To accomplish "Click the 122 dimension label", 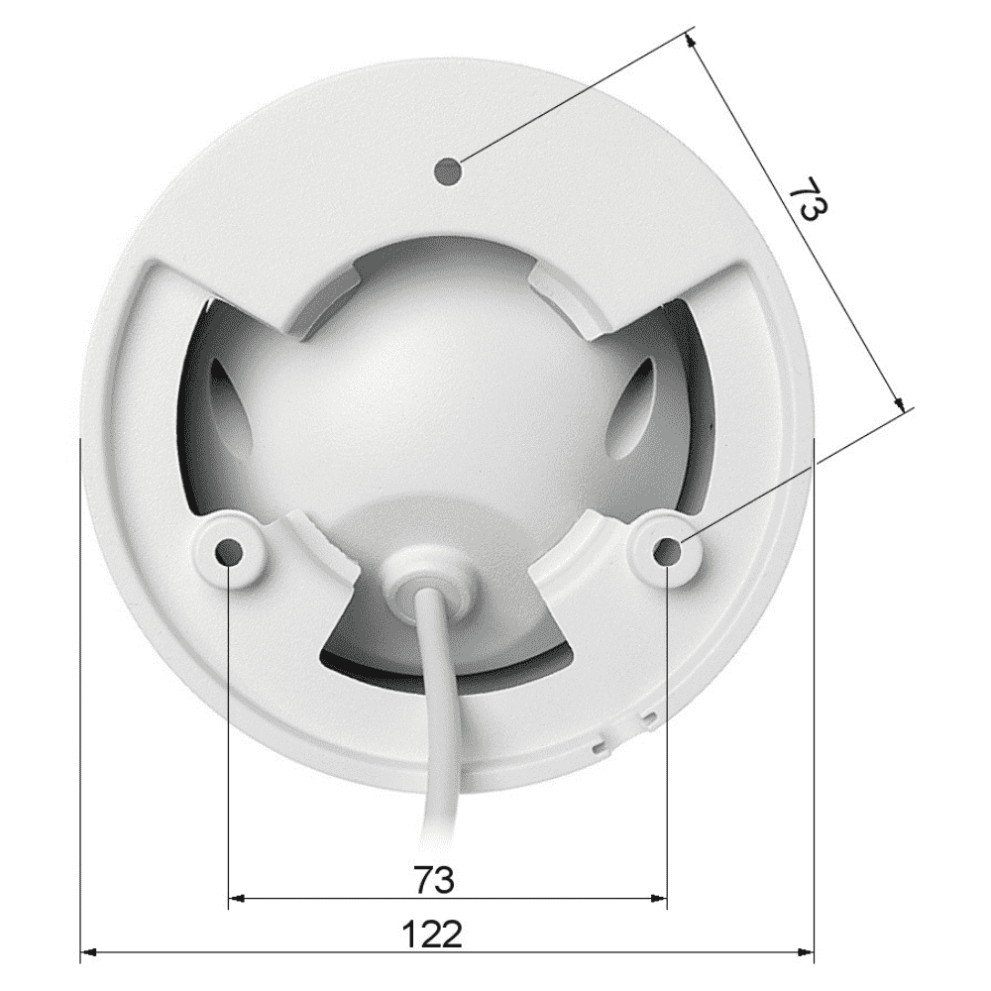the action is pyautogui.click(x=432, y=935).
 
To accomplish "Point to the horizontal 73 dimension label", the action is pyautogui.click(x=434, y=879).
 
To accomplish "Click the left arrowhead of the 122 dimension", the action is pyautogui.click(x=88, y=951).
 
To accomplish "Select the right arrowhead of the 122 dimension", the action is pyautogui.click(x=805, y=951).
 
